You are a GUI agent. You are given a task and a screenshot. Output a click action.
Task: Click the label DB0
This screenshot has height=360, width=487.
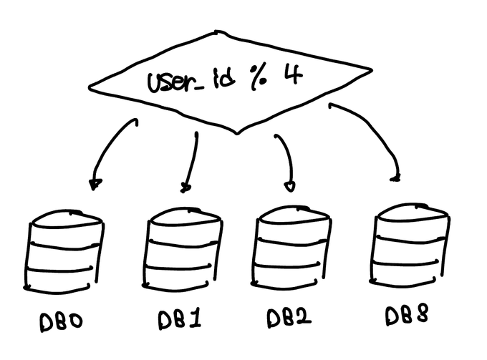tap(62, 321)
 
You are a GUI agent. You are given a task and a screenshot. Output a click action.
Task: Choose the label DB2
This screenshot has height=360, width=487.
tap(289, 317)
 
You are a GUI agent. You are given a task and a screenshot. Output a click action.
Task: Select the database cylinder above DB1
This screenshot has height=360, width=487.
tap(183, 250)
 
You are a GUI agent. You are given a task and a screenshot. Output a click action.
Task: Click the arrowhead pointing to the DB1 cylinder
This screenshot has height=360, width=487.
tap(186, 188)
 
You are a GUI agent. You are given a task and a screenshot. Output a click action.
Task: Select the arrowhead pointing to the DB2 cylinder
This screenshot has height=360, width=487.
tap(289, 187)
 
